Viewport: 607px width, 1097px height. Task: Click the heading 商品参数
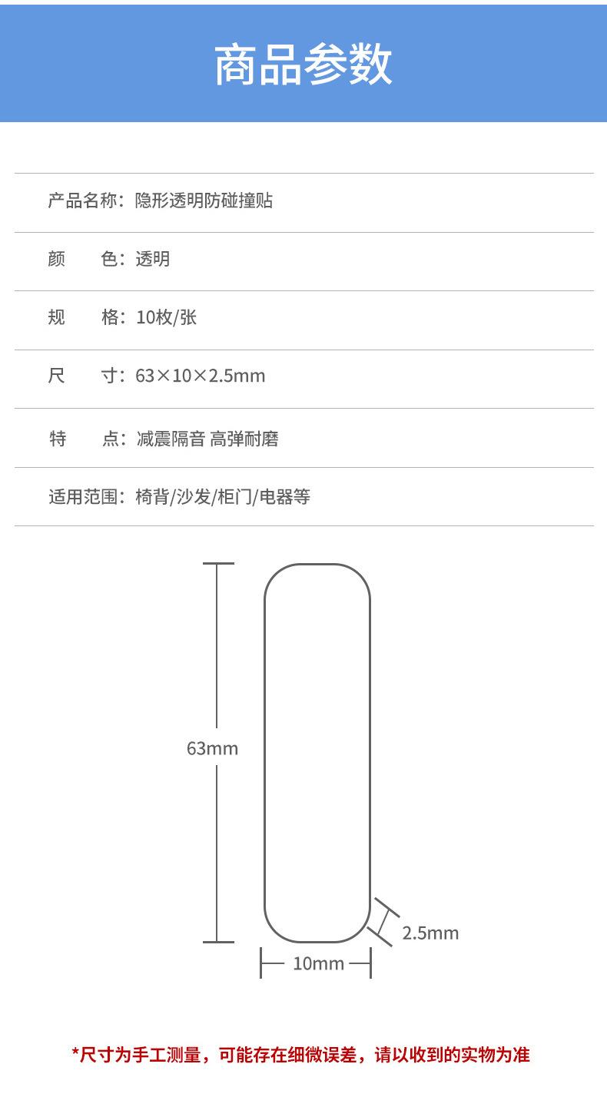[303, 65]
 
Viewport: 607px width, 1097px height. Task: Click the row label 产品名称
[82, 201]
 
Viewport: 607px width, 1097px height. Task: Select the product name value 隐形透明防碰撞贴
[204, 201]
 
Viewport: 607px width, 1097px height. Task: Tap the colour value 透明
[152, 260]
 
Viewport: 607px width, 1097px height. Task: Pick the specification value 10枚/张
[166, 317]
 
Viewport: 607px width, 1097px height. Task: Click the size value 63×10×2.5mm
[200, 376]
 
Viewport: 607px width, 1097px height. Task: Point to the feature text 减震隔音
[170, 439]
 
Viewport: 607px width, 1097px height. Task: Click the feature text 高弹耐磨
[244, 439]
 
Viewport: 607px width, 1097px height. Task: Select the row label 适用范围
[82, 497]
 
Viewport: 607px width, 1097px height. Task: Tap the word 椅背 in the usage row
[151, 497]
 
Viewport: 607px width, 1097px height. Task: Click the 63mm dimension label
[212, 747]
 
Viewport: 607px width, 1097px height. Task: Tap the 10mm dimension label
[317, 963]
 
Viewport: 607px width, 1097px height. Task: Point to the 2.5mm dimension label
[430, 933]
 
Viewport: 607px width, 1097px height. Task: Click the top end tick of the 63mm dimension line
[218, 564]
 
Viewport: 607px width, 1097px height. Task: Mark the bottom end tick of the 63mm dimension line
[218, 942]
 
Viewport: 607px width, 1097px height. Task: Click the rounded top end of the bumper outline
[317, 565]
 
